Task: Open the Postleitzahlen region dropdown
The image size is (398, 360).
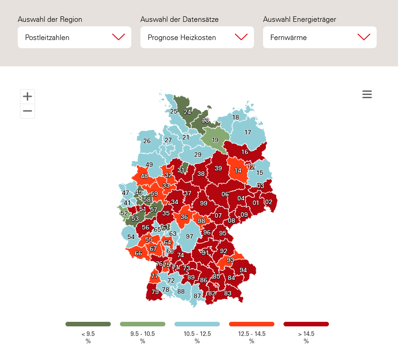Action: pos(74,37)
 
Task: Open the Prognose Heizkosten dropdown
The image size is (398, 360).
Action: pos(197,37)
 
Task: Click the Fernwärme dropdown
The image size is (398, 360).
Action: pos(319,37)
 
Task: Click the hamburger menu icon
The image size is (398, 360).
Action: pos(367,94)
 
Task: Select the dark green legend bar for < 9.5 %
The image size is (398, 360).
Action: pos(88,324)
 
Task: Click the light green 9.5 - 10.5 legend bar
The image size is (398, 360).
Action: pos(143,324)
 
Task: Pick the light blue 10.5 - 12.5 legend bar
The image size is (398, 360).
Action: pos(197,324)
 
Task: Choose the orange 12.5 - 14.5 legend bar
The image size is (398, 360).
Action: pos(252,324)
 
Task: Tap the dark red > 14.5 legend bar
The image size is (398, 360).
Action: pos(306,324)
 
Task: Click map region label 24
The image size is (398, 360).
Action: pos(187,112)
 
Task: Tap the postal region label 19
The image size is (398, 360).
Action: pos(215,140)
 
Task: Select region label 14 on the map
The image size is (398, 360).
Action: pos(238,171)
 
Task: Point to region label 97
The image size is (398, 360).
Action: pos(189,236)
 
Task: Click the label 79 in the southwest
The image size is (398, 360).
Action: pos(155,292)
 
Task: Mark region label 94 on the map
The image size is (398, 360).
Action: pos(243,270)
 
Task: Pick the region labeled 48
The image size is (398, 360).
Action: pos(144,176)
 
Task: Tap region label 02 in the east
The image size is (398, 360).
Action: pos(269,202)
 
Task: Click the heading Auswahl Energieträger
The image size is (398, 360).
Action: pos(299,20)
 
